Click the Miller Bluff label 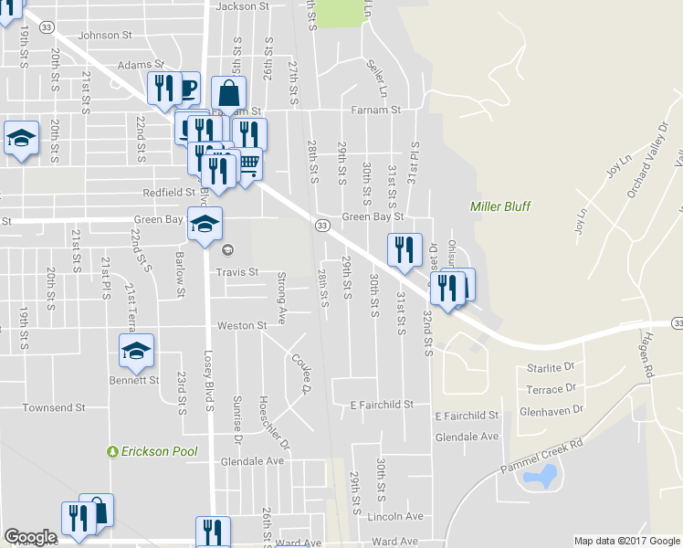point(500,206)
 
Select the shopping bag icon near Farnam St point(228,92)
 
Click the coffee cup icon point(187,88)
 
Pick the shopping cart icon point(248,164)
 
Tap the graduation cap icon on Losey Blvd point(205,223)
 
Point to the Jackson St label point(242,6)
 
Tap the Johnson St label point(106,36)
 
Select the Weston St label point(241,325)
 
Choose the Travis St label point(237,272)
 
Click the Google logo point(30,537)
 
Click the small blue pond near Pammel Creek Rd point(546,475)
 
